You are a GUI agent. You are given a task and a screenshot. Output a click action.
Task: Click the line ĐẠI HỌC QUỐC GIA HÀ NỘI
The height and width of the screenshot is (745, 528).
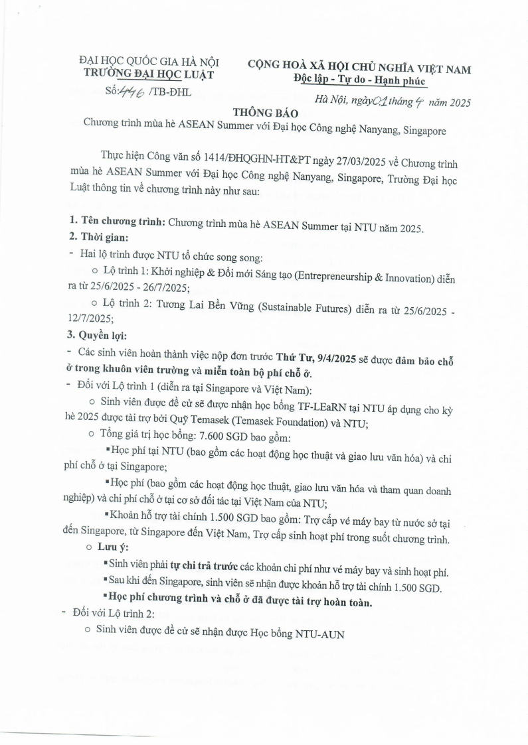coord(149,62)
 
